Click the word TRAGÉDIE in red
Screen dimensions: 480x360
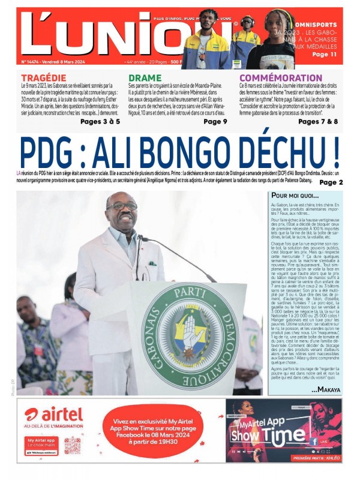point(44,78)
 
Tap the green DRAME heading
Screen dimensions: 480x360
point(145,78)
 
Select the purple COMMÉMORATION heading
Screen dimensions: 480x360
point(277,78)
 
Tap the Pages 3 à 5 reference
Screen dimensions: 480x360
point(100,121)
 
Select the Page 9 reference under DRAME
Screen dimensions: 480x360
point(215,121)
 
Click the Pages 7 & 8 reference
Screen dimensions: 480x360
point(318,121)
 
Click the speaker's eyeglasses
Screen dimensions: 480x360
point(121,206)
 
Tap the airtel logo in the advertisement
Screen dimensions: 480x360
point(53,414)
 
